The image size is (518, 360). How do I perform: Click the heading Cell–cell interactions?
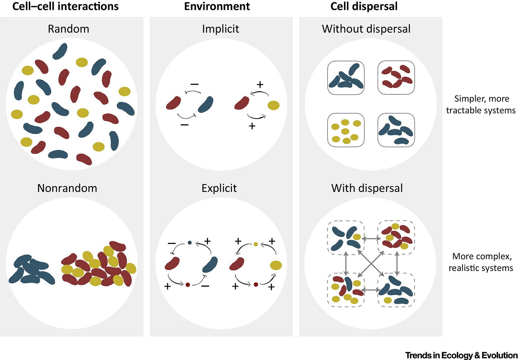coord(65,6)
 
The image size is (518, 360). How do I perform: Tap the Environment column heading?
coord(217,6)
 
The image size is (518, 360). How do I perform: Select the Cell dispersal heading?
coord(364,6)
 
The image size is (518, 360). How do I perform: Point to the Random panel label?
coord(68,29)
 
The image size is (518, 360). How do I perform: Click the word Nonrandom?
coord(67,188)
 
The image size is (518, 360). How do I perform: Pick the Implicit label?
coord(221,29)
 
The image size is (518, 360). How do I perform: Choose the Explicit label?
coord(219,188)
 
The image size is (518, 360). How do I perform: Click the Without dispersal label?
coord(366,29)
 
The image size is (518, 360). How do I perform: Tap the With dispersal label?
coord(367,188)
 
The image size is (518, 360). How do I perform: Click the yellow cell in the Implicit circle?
coord(273,105)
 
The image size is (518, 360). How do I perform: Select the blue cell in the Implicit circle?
coord(206,105)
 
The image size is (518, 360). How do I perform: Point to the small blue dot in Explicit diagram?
coord(190,243)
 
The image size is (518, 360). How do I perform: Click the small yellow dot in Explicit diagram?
coord(256,244)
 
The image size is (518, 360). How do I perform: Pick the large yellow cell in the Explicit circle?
coord(276,265)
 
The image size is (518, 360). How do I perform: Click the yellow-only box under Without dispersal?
coord(345,130)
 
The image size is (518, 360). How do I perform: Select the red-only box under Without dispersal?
coord(396,77)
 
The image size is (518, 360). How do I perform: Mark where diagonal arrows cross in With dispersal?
coord(371,264)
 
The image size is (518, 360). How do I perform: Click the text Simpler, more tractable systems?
coord(481,104)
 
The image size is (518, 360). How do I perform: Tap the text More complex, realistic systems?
coord(481,262)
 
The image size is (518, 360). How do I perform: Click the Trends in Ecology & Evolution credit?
coord(461,355)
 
